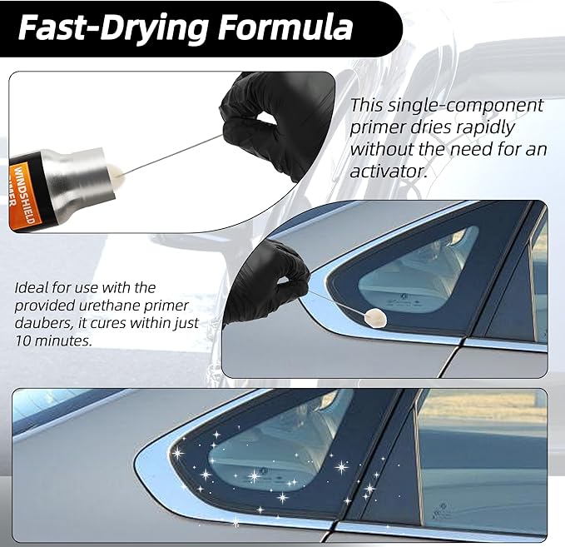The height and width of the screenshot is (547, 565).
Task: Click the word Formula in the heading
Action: coord(283,27)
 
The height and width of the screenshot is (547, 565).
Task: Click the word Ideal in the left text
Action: coord(32,287)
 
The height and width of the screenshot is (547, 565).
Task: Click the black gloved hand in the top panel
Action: coord(271,121)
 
